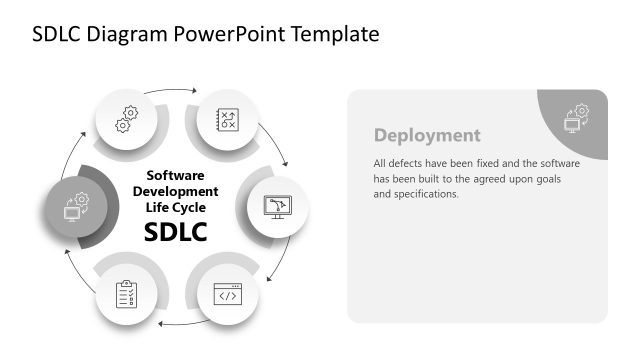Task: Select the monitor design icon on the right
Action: coord(274,206)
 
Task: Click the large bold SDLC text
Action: coord(175,232)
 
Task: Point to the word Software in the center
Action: coord(175,174)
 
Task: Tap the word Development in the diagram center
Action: coord(175,190)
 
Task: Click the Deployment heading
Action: coord(427,135)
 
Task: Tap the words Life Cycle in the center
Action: coord(175,207)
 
